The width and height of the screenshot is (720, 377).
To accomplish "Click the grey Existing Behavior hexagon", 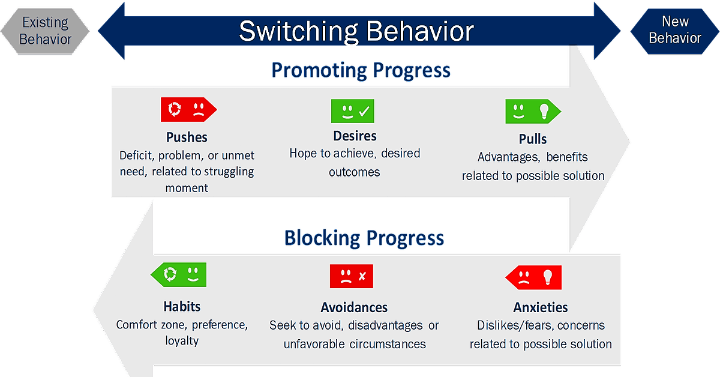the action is pyautogui.click(x=45, y=31).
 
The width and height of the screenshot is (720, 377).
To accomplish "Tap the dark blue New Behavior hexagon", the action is pyautogui.click(x=674, y=31).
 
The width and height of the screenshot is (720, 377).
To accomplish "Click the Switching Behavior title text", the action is pyautogui.click(x=356, y=32).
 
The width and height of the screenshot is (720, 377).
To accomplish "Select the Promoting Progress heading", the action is pyautogui.click(x=361, y=70).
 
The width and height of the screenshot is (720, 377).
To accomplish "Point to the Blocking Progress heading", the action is pyautogui.click(x=364, y=238).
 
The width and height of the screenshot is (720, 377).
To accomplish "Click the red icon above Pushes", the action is pyautogui.click(x=188, y=109).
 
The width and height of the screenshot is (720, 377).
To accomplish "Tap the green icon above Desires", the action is pyautogui.click(x=353, y=111).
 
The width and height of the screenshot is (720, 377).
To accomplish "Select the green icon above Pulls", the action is pyautogui.click(x=533, y=111).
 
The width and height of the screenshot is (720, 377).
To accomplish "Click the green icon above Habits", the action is pyautogui.click(x=178, y=274).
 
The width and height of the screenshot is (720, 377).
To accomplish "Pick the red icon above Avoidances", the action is pyautogui.click(x=352, y=276).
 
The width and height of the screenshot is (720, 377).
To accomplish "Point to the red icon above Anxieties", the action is pyautogui.click(x=533, y=277).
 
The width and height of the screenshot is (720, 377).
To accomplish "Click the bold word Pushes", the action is pyautogui.click(x=187, y=137).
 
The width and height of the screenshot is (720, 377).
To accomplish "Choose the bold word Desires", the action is pyautogui.click(x=355, y=136).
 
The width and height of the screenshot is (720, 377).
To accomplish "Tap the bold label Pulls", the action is pyautogui.click(x=533, y=139).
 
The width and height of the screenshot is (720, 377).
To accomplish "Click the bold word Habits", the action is pyautogui.click(x=182, y=307).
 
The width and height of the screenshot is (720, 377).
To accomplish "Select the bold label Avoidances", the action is pyautogui.click(x=354, y=307).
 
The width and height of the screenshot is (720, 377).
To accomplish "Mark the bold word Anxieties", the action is pyautogui.click(x=541, y=307).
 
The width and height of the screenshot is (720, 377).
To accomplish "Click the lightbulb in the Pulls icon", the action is pyautogui.click(x=544, y=111).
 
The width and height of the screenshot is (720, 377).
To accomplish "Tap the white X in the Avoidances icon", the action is pyautogui.click(x=362, y=276).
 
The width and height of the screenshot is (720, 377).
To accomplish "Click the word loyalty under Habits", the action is pyautogui.click(x=182, y=340).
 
